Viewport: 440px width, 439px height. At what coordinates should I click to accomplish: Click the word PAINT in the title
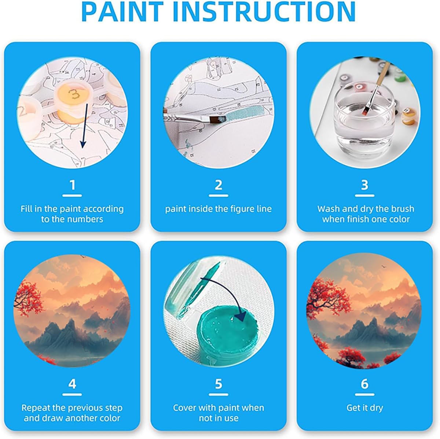pos(123,12)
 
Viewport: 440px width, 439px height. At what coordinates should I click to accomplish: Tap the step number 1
pos(72,185)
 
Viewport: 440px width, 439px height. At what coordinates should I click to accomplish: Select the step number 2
pos(219,185)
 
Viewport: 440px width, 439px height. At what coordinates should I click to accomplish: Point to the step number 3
pos(364,185)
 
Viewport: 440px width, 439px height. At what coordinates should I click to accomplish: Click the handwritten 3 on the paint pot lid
pos(74,94)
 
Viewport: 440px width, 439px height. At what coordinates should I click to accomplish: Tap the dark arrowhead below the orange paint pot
pos(82,143)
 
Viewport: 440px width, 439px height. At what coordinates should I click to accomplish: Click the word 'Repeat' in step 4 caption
pos(36,408)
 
